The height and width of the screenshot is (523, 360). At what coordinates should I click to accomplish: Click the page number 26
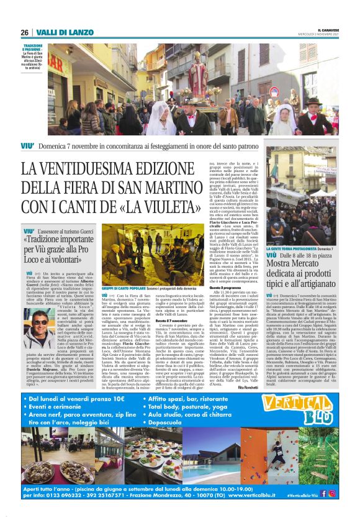coord(24,32)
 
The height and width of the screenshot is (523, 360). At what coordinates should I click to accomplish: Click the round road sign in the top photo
coord(274,91)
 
